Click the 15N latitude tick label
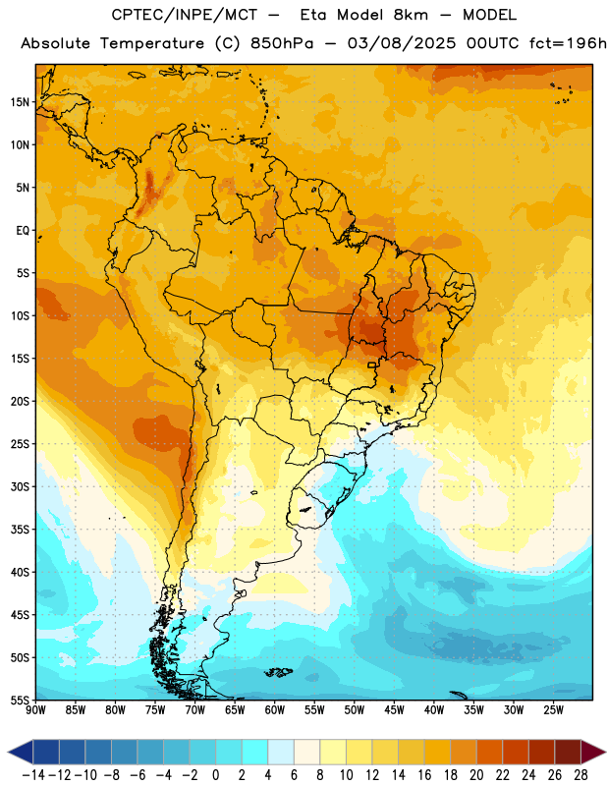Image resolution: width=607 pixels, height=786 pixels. point(20,102)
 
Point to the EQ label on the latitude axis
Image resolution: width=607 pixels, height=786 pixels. point(23,231)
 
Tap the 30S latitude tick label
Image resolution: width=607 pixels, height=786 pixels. point(20,486)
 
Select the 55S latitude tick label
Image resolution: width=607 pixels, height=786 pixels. point(20,701)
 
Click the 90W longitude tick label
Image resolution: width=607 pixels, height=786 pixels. point(35,710)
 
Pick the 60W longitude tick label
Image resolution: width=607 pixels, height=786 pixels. point(275,710)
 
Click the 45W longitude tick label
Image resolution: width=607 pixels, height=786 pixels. point(394,710)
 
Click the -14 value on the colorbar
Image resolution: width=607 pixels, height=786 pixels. point(33,775)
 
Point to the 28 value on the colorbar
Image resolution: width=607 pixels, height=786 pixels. point(580,775)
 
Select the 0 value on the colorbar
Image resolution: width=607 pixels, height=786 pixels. point(215,775)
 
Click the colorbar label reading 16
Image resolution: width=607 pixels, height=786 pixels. point(424,775)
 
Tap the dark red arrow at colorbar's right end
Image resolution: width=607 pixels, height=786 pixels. point(593,752)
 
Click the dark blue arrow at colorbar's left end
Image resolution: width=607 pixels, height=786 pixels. point(21,752)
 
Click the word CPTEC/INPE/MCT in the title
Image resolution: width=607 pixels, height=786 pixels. point(184,15)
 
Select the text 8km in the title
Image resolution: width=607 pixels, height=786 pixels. point(411,15)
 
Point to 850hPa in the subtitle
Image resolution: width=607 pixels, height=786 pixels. point(282,43)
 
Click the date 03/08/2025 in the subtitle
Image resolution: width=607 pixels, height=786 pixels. point(402,43)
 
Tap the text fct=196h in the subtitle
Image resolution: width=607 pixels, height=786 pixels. point(568,43)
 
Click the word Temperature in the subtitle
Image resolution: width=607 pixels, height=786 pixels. point(151,44)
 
